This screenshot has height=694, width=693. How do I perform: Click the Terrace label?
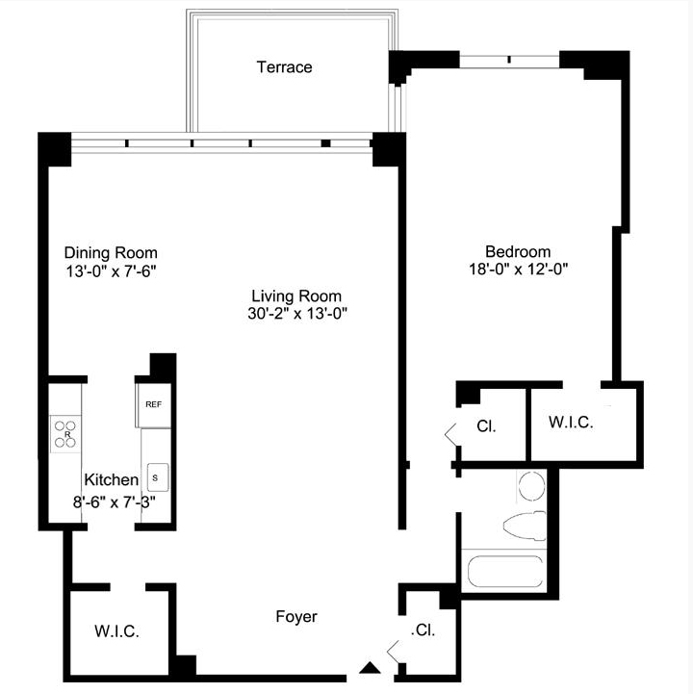click(284, 67)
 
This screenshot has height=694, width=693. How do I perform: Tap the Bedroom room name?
click(518, 252)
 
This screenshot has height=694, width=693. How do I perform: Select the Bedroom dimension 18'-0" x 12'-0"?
click(518, 270)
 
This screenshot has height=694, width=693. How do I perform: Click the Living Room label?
click(296, 296)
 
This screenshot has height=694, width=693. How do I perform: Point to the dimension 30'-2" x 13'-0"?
click(297, 314)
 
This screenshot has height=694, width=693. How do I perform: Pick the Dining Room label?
click(111, 253)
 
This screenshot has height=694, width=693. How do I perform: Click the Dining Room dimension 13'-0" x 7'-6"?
click(111, 270)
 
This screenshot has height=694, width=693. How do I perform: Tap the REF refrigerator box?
click(154, 405)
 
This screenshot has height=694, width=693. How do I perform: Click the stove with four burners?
click(65, 434)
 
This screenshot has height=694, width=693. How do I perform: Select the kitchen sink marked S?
click(158, 477)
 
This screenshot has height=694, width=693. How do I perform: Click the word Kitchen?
click(111, 479)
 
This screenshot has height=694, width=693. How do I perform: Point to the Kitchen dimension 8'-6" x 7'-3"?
click(115, 502)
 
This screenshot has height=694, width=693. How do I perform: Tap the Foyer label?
click(296, 617)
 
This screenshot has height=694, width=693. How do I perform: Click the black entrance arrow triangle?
click(370, 668)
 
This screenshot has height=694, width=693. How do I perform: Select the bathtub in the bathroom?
click(505, 571)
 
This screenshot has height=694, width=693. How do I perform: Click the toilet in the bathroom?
click(526, 525)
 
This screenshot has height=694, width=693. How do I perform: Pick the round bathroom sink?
click(531, 485)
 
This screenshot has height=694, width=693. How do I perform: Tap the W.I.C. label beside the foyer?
click(116, 631)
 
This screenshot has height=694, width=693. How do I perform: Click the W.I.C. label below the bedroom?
click(571, 423)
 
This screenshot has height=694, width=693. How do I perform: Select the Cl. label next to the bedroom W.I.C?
click(486, 426)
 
